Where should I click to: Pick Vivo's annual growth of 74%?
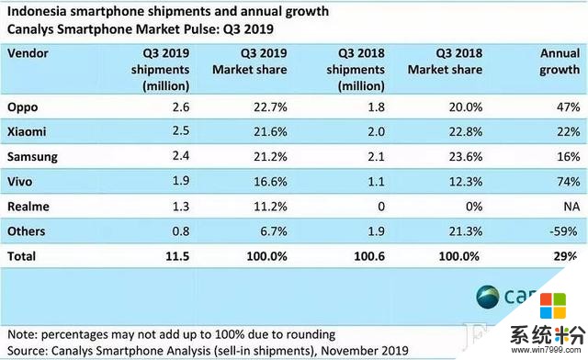(x=564, y=182)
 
